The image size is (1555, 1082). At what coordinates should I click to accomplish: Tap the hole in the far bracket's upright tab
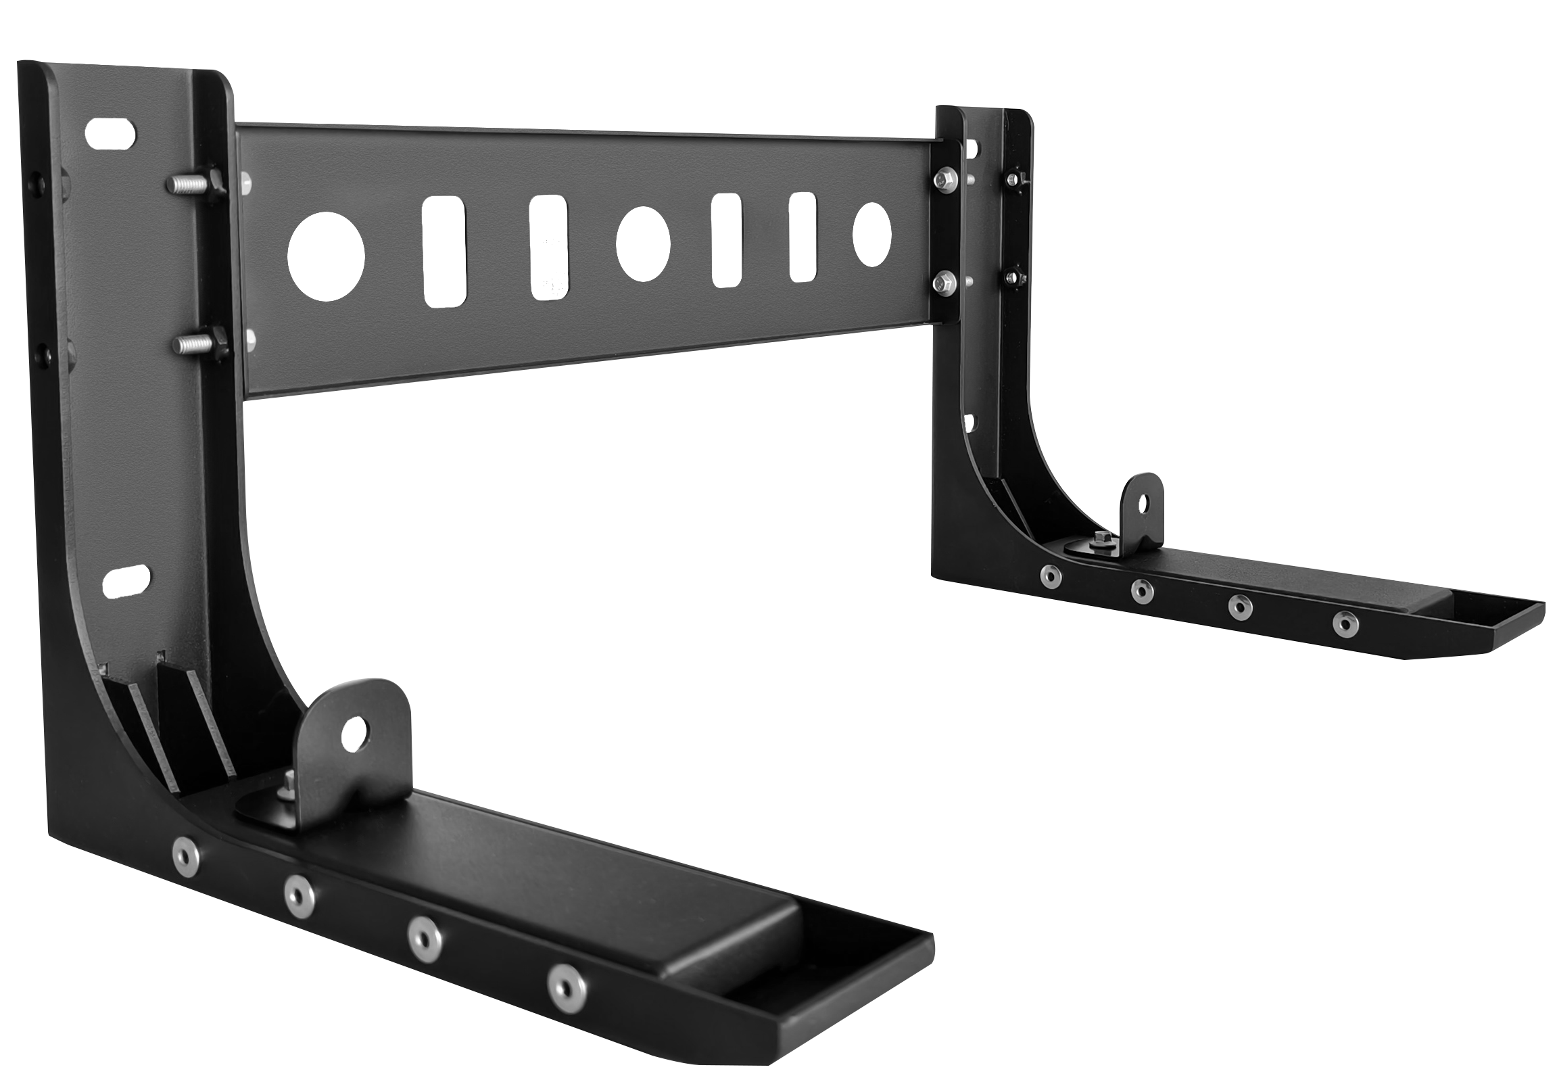click(x=1143, y=503)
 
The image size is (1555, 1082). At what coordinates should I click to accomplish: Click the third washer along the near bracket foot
click(x=424, y=939)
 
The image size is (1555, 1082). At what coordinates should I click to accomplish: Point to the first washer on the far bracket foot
click(x=1051, y=576)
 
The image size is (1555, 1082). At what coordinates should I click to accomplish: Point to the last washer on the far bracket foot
click(x=1345, y=624)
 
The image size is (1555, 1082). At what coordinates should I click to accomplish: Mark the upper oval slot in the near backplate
click(x=120, y=133)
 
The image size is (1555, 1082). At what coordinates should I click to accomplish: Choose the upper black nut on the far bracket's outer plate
click(x=1013, y=179)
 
